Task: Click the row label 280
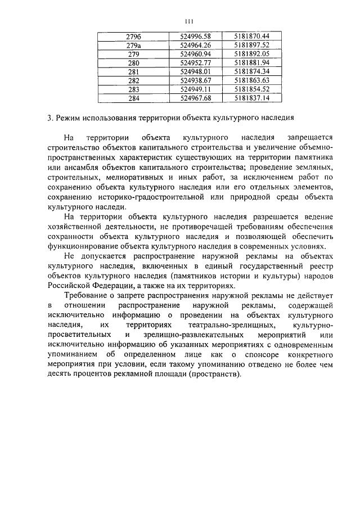tap(133, 62)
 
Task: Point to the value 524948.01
tap(195, 71)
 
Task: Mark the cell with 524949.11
tap(195, 89)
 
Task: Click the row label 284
tap(133, 98)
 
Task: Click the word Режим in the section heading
tap(70, 119)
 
